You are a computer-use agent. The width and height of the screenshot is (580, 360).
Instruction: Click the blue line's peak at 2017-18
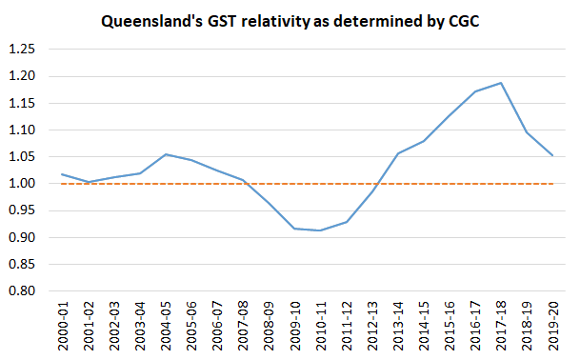(x=500, y=83)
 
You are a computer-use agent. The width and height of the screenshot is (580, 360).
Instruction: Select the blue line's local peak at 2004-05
(x=165, y=154)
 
